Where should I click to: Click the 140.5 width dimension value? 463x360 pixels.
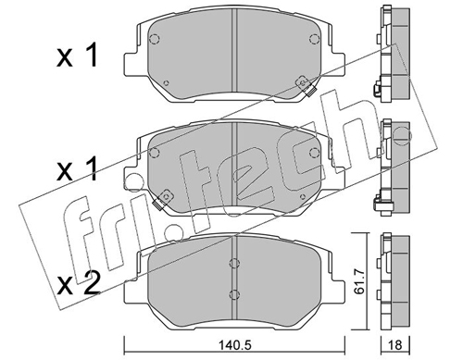[234, 345]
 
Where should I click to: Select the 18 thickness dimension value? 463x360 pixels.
[394, 345]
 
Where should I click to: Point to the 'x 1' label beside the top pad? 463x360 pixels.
[77, 56]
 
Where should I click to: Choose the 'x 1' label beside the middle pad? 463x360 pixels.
[77, 169]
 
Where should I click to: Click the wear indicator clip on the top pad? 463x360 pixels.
[307, 86]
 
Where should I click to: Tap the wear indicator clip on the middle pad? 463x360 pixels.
[163, 199]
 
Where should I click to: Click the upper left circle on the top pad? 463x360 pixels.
[154, 39]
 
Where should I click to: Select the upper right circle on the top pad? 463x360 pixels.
[314, 39]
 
